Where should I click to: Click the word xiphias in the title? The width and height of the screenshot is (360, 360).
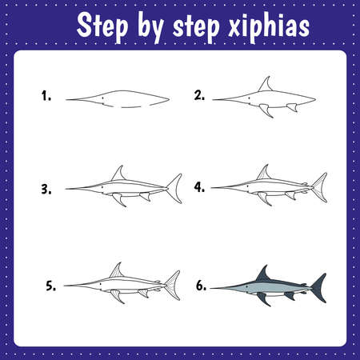[269, 26]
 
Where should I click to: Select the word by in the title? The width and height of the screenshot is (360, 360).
[150, 27]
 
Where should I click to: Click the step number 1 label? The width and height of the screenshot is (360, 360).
[46, 96]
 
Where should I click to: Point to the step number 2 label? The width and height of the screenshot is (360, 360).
[199, 95]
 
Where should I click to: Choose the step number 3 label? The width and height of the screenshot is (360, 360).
[46, 189]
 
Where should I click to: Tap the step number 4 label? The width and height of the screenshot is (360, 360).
[199, 187]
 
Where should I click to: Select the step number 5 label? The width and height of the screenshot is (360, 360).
[51, 286]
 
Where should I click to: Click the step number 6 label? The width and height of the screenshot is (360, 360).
[201, 286]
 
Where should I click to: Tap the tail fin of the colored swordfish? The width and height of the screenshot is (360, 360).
[320, 288]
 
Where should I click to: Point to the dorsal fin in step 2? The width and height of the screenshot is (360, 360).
[266, 86]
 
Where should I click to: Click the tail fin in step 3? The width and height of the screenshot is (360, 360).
[175, 189]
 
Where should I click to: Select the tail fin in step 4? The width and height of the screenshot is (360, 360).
[320, 187]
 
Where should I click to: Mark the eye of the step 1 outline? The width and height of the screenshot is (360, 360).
[103, 98]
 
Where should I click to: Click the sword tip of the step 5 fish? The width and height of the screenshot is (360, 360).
[65, 286]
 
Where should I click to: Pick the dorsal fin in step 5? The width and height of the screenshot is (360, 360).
[117, 271]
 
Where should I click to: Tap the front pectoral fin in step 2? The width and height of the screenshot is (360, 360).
[266, 110]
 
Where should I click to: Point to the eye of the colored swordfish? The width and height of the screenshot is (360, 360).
[247, 286]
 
